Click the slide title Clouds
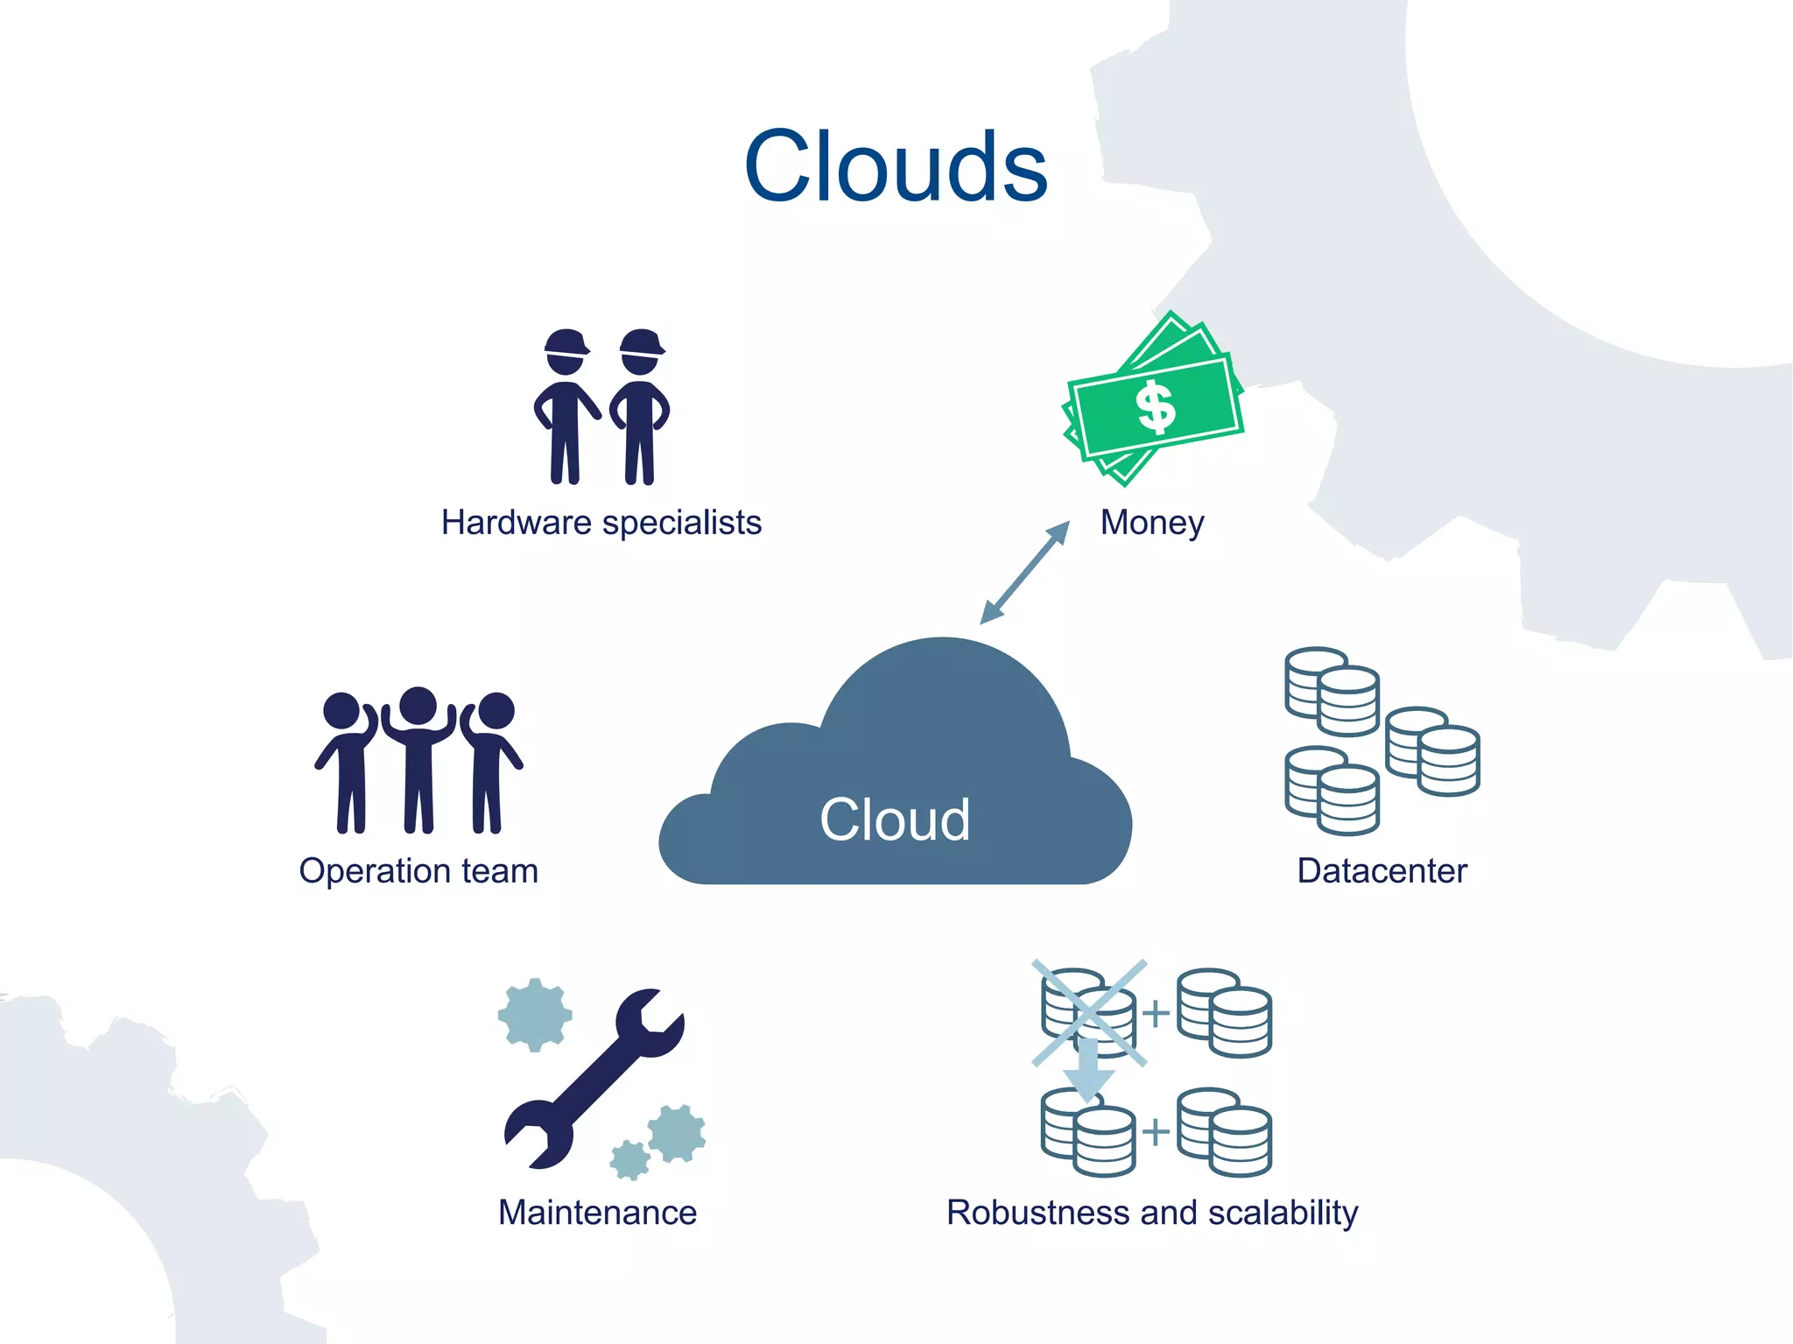[896, 166]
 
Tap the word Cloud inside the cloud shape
[895, 820]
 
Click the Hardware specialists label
[601, 523]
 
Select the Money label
[1152, 523]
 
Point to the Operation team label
[418, 871]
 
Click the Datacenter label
[1382, 871]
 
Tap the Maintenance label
[597, 1213]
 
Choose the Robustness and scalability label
[1152, 1213]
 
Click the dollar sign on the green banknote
[1156, 407]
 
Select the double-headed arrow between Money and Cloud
[1024, 573]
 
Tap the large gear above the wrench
[535, 1015]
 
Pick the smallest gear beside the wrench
[629, 1160]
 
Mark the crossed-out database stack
[1088, 1013]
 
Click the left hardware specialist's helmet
[566, 342]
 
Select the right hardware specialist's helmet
[642, 342]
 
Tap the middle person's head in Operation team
[418, 706]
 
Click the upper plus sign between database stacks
[1156, 1013]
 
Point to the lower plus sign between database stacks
[1156, 1132]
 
